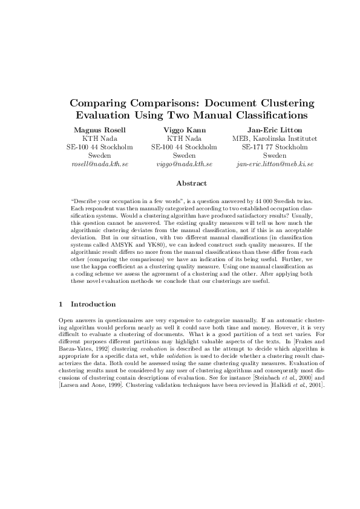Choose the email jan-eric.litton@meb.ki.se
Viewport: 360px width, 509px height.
(x=275, y=164)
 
